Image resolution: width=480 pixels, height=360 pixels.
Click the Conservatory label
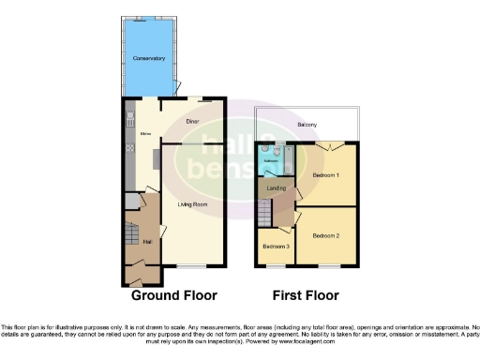(149, 59)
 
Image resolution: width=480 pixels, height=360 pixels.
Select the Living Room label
(193, 202)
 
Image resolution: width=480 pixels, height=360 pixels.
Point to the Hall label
(133, 242)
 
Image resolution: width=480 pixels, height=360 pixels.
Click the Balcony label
(307, 125)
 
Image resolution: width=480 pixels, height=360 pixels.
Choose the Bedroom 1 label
(325, 175)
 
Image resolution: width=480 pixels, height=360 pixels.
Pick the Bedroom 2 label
(325, 234)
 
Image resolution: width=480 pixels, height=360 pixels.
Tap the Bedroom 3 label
(276, 247)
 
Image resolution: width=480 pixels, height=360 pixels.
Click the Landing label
(277, 188)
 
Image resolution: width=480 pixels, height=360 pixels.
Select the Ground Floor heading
(173, 295)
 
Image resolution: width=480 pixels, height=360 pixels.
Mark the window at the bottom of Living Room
(192, 269)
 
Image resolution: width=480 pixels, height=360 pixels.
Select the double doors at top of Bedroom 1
(324, 147)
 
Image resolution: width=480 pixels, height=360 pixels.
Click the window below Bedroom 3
(275, 267)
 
